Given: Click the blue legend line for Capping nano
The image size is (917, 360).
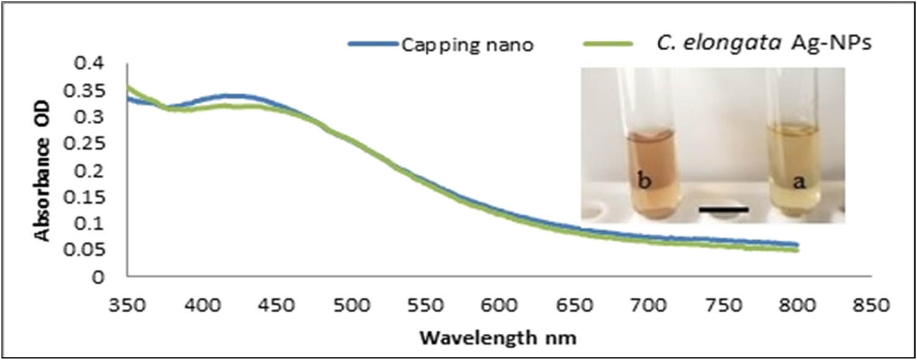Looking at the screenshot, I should pos(373,44).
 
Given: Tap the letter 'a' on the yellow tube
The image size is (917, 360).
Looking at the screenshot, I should pos(795,183).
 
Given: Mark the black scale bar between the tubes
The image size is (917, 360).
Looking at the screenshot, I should pos(723,210).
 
